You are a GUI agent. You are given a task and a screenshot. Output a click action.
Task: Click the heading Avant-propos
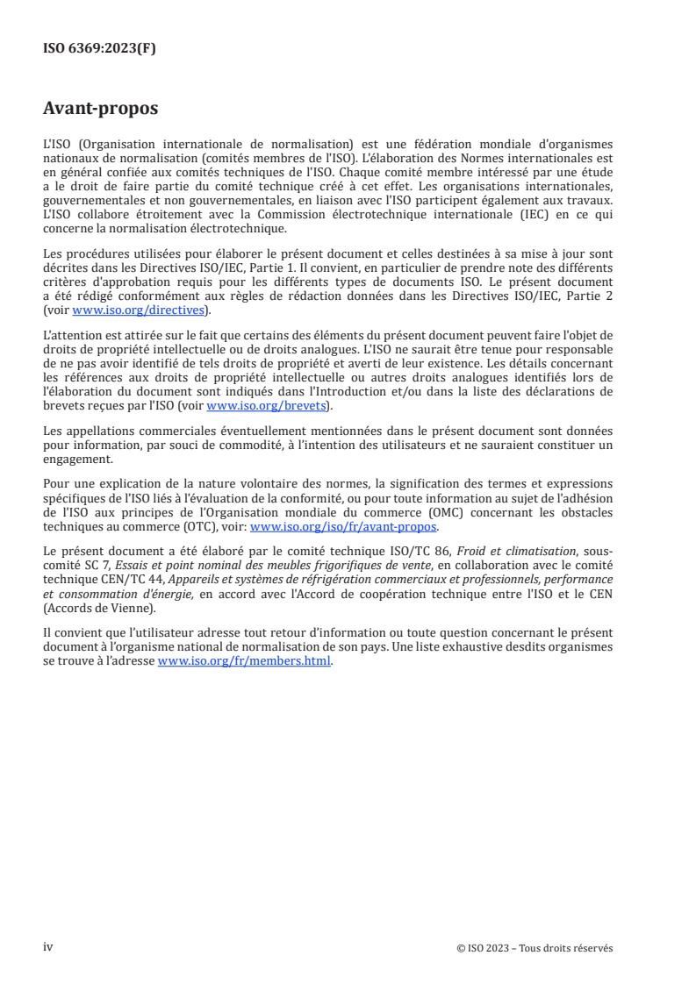click(101, 110)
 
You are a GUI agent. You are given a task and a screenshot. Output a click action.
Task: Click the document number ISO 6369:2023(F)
click(100, 48)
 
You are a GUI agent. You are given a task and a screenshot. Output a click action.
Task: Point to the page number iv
click(48, 947)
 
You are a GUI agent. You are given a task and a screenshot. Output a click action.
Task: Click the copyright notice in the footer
click(535, 948)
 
